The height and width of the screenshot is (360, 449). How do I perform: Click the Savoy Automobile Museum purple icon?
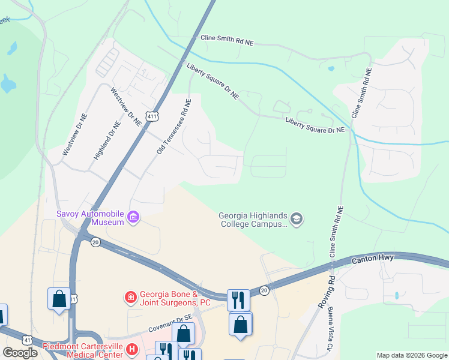(133, 217)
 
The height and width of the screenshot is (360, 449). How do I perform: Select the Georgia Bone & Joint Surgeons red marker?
(130, 297)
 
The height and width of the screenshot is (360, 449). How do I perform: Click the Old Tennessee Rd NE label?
(174, 127)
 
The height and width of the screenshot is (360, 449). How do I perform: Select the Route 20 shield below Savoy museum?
(95, 242)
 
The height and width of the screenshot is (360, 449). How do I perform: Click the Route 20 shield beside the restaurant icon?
(264, 290)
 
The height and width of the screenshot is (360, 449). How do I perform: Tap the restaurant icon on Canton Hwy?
(238, 299)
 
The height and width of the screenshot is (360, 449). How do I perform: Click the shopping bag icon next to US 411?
(59, 298)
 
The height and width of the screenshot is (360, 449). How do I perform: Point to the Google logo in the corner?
(20, 353)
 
